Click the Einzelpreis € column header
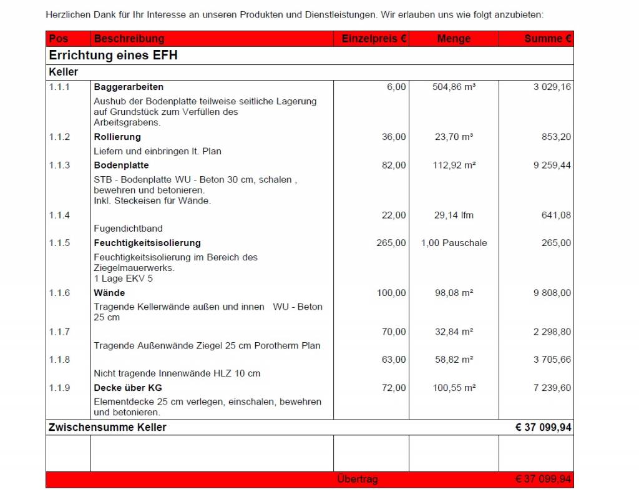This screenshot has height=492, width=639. tap(374, 39)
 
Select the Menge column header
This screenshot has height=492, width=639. tap(454, 39)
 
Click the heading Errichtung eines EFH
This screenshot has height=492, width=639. tap(113, 56)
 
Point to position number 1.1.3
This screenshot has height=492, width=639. tap(60, 165)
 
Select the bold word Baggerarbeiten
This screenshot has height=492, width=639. tap(129, 87)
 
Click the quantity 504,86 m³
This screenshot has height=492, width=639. tap(454, 87)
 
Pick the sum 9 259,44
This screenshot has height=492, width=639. tap(552, 165)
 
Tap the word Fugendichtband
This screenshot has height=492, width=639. tap(128, 229)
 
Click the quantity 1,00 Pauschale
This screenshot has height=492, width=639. tap(454, 243)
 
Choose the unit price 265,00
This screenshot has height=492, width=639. tap(391, 243)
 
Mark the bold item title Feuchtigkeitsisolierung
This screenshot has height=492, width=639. tap(147, 243)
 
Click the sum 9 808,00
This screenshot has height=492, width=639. tap(552, 293)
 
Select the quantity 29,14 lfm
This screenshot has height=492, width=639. tap(454, 215)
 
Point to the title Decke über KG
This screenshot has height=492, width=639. tap(128, 388)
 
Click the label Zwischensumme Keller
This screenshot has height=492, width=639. tap(107, 428)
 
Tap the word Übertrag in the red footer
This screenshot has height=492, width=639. tap(357, 480)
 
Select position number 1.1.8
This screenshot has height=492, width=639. tap(60, 360)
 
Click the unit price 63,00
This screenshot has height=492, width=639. tap(394, 360)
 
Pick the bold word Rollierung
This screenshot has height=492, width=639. tap(117, 137)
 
